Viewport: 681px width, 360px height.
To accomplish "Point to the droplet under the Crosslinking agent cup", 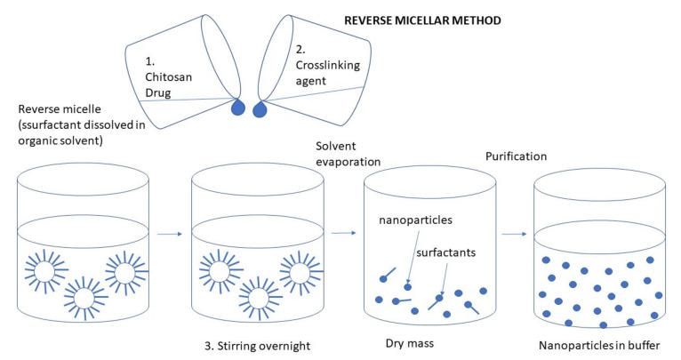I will [x=261, y=110].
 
